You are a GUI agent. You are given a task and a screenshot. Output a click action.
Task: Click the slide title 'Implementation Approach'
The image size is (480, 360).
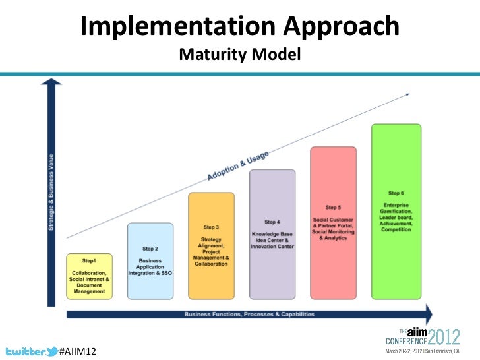click(240, 27)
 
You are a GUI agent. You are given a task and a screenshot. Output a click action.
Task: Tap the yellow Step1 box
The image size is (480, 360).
click(89, 276)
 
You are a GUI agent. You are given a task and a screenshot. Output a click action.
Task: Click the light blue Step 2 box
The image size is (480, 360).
click(150, 261)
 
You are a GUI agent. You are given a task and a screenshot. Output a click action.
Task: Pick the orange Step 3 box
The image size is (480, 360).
click(211, 245)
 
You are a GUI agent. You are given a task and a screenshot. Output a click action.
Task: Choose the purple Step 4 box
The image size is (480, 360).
click(272, 234)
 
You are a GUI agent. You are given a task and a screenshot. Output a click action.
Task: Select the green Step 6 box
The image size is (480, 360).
click(396, 211)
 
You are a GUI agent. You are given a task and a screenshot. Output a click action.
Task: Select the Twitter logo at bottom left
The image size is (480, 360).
click(29, 350)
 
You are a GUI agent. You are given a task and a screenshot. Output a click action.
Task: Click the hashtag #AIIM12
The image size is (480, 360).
click(78, 351)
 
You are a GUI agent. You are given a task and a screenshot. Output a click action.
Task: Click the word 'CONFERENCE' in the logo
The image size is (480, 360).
click(406, 342)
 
